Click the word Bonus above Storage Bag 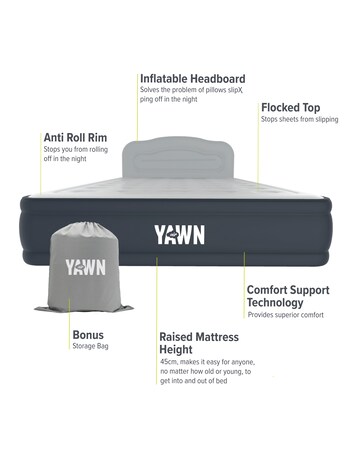88,335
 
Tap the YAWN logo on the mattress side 180,234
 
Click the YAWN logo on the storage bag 85,267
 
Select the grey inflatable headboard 180,160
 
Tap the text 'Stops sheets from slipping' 300,119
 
